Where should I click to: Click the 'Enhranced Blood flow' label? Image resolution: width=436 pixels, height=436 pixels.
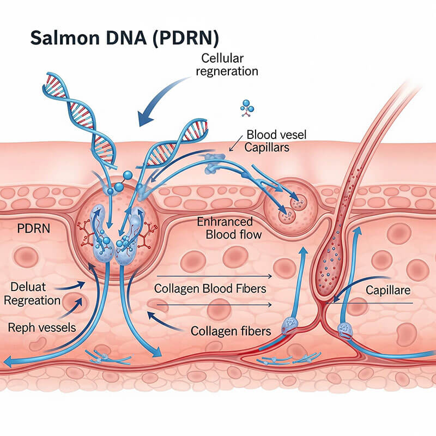click(229, 228)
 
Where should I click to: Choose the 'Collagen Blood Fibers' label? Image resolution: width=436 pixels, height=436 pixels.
click(210, 289)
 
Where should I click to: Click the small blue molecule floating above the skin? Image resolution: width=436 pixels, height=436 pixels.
click(247, 108)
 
